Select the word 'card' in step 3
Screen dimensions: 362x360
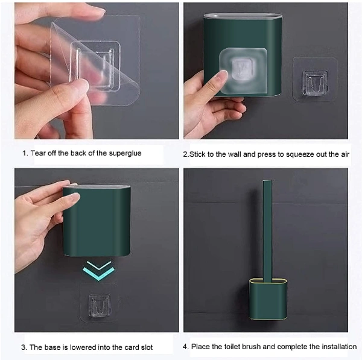132,347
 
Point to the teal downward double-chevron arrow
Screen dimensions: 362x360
98,270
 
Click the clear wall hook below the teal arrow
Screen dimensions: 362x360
99,305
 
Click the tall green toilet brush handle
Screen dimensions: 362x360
267,231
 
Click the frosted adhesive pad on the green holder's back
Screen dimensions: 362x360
243,72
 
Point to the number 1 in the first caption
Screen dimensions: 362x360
25,153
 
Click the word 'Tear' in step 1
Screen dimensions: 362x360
38,153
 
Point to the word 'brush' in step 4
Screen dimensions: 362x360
255,346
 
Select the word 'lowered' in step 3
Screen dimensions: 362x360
83,347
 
